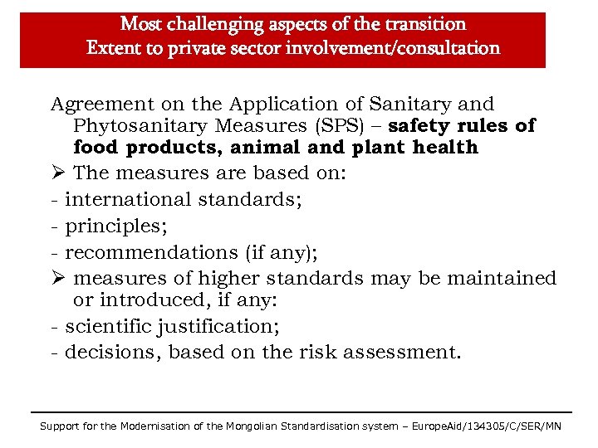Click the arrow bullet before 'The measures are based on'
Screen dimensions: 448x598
click(57, 173)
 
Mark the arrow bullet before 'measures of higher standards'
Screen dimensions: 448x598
click(57, 278)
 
